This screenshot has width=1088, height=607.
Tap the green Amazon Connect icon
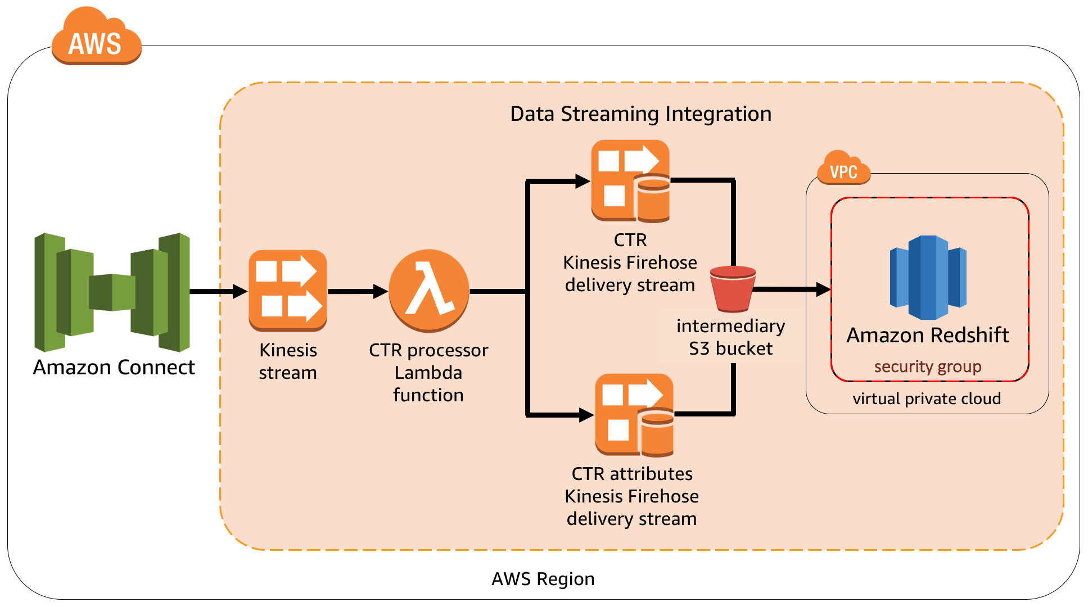(112, 292)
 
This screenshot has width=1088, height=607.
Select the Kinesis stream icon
(288, 291)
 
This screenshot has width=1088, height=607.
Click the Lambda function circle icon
(429, 291)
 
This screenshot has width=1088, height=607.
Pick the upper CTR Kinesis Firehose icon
(630, 181)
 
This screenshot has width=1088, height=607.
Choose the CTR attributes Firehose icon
(634, 415)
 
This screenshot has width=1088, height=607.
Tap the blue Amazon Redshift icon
(928, 278)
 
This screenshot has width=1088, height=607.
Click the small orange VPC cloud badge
(843, 169)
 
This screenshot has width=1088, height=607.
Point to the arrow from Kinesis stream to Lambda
(356, 291)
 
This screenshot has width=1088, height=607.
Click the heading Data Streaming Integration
(640, 114)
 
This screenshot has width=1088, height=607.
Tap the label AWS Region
(543, 579)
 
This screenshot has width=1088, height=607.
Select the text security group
(927, 366)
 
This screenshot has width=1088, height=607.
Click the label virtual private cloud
(927, 398)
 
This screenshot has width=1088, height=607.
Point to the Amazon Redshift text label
(927, 335)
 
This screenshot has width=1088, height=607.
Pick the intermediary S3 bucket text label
(730, 337)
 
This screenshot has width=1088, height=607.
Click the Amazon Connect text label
(114, 367)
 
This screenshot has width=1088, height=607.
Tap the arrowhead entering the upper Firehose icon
(583, 181)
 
